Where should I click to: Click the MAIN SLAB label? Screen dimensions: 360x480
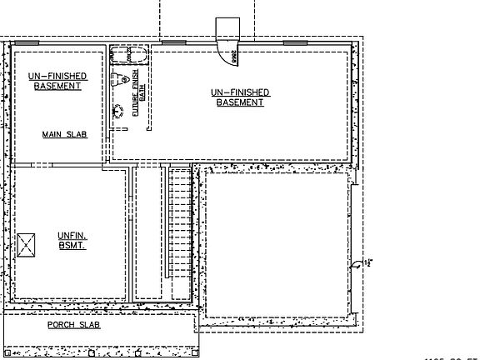tap(65, 134)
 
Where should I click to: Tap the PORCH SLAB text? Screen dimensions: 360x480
tap(73, 324)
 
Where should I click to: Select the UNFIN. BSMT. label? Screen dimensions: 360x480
tap(73, 240)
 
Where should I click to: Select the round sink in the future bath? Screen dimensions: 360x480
tap(118, 111)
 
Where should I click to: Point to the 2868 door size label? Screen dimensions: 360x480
tap(234, 57)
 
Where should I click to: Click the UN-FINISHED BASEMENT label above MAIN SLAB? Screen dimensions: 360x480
tap(58, 81)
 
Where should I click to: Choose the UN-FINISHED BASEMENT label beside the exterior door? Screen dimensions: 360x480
tap(240, 97)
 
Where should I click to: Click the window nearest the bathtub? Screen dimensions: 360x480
tap(172, 42)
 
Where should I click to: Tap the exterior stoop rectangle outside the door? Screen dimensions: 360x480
tap(227, 28)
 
